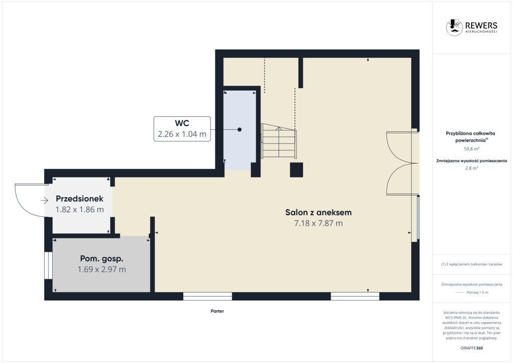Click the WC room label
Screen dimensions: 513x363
coord(182,123)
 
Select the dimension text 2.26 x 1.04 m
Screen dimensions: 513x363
coord(182,134)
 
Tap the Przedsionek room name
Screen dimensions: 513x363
coord(80,199)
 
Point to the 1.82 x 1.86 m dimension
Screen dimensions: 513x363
coord(80,210)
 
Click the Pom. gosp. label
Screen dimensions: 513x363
coord(102,259)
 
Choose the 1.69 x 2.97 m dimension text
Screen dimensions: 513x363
coord(102,269)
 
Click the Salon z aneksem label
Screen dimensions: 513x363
coord(318,213)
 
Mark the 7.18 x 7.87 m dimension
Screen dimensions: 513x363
coord(318,223)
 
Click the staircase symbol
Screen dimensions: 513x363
coord(279,141)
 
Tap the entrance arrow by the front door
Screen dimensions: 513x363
coord(45,201)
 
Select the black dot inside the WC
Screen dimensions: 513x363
coord(239,130)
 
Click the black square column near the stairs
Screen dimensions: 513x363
coord(297,170)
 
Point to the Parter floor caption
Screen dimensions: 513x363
coord(217,311)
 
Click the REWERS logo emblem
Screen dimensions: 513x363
coord(454,27)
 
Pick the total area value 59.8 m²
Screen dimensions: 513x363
coord(471,148)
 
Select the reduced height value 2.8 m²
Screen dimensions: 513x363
coord(471,168)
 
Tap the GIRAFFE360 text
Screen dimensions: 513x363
coord(471,348)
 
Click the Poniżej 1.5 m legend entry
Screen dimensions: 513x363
coord(477,292)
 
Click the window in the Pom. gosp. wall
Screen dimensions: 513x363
coord(49,265)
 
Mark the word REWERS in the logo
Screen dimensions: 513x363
coord(481,25)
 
